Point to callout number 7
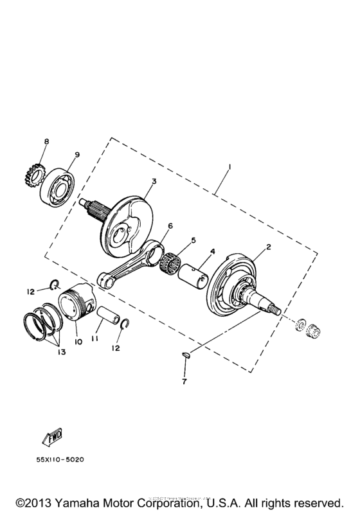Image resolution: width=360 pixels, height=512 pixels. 184,383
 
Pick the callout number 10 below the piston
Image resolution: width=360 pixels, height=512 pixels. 78,342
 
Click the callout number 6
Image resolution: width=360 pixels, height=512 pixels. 170,227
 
